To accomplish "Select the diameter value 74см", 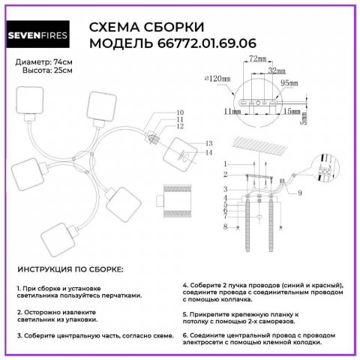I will [x=59, y=61].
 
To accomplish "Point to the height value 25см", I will [x=58, y=70].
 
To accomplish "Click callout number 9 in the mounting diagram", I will [x=298, y=193].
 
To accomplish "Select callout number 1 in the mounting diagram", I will [x=223, y=163].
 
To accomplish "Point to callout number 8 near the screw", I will [x=223, y=226].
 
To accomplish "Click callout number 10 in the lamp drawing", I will [x=180, y=112].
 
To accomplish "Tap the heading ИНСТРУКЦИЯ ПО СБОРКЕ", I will [x=70, y=268].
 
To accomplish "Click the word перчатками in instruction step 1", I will [x=116, y=295].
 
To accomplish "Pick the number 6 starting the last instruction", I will [x=185, y=334].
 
